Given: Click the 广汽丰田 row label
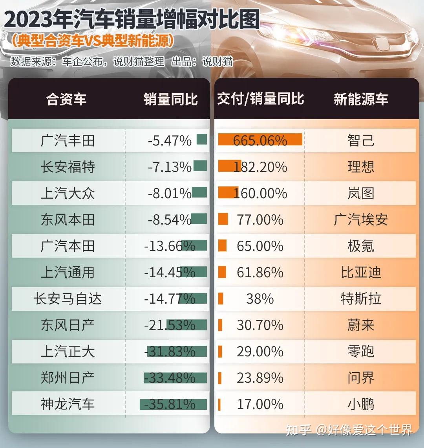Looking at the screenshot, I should click(68, 140).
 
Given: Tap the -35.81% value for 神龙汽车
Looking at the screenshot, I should click(170, 404).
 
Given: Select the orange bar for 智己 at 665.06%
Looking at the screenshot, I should click(260, 139).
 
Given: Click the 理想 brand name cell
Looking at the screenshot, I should click(360, 167).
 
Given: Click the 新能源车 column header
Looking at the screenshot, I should click(360, 99).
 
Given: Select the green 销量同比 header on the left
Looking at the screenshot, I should click(170, 99).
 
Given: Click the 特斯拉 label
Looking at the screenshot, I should click(360, 299).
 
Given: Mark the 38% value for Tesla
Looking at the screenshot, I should click(260, 299).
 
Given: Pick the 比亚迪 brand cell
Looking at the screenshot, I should click(360, 272).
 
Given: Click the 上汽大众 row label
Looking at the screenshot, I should click(68, 193).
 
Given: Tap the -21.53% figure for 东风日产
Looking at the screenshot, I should click(170, 325).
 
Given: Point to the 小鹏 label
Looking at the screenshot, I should click(360, 404).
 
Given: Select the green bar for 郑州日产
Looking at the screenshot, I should click(175, 378).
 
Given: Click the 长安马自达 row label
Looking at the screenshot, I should click(68, 299).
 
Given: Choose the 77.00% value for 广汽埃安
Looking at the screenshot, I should click(260, 219).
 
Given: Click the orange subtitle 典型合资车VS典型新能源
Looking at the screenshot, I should click(93, 41).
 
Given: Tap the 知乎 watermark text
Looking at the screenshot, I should click(299, 430).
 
